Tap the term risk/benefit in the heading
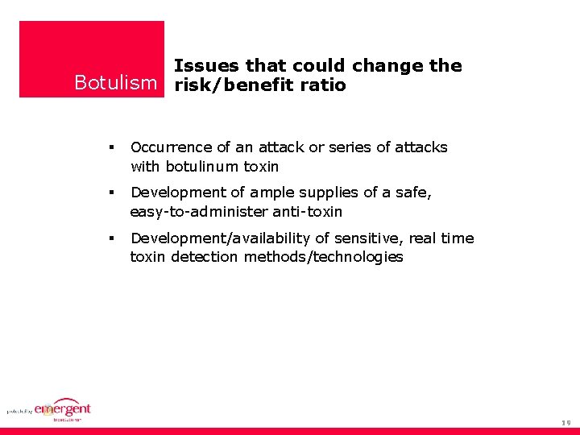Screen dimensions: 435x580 click(230, 85)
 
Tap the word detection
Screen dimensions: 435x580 click(205, 258)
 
